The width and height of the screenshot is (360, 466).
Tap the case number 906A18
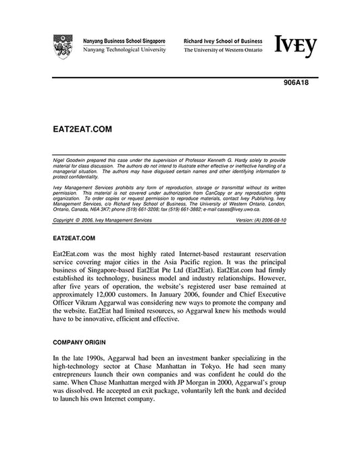(294, 84)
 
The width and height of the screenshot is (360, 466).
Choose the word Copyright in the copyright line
(63, 219)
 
